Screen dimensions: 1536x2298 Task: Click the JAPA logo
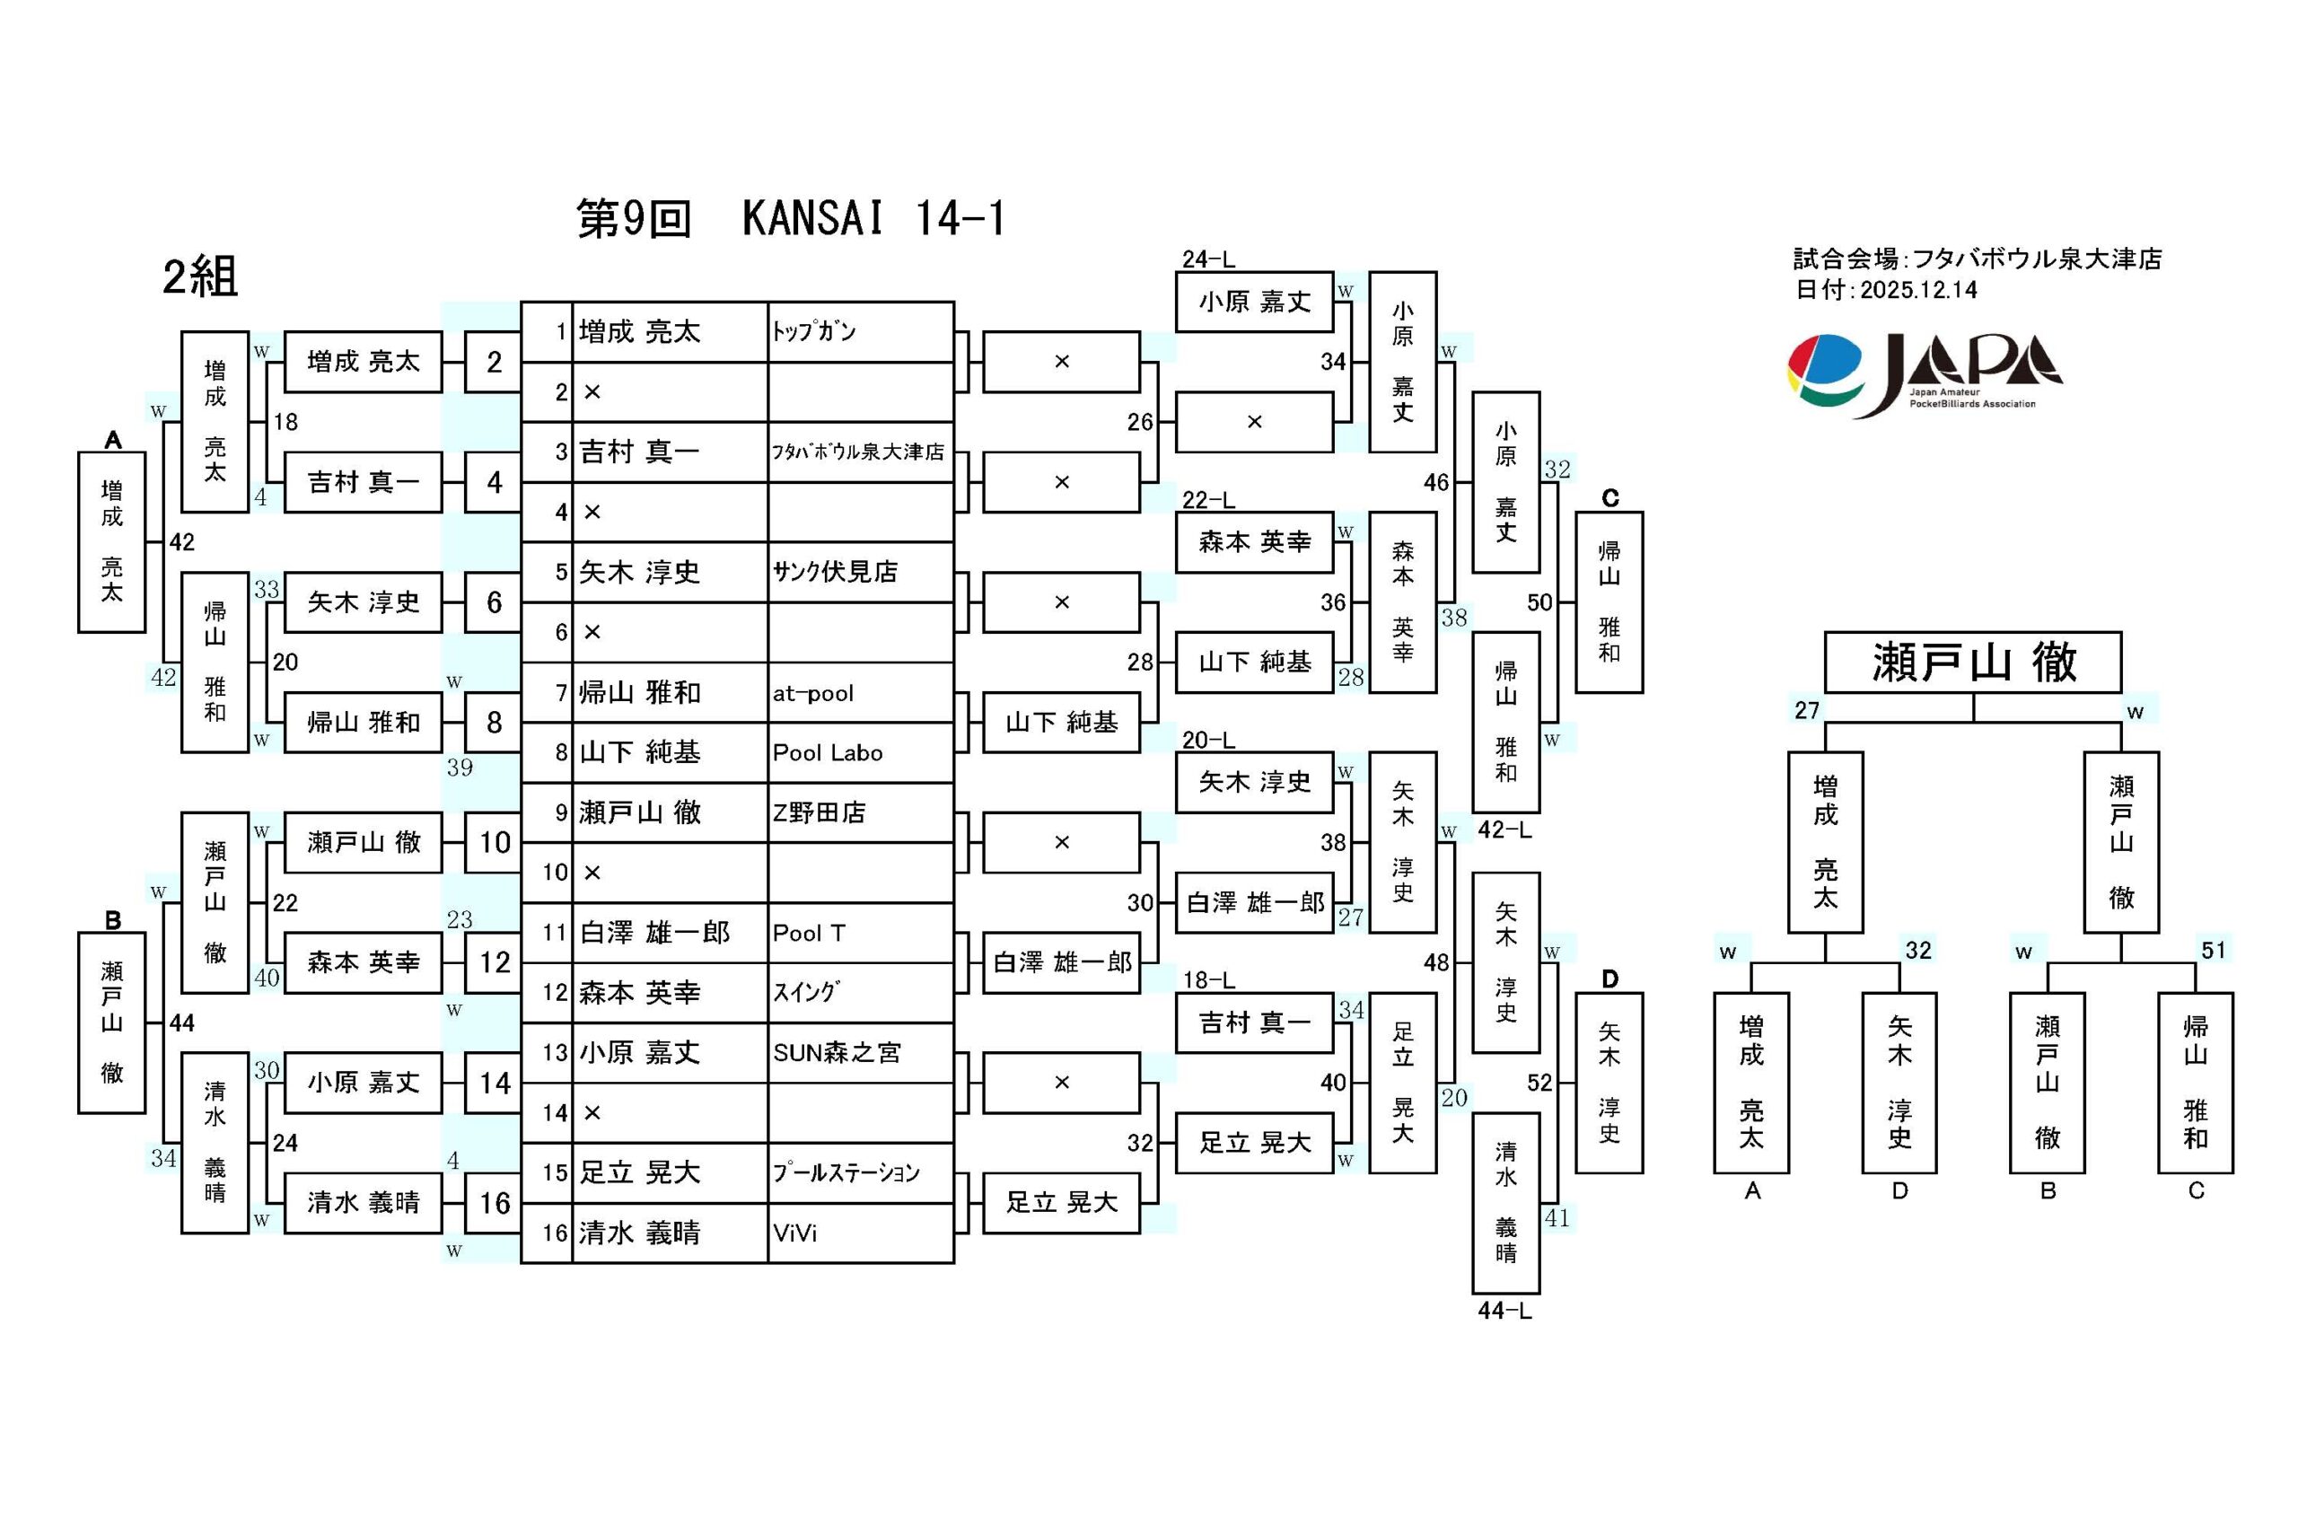(1924, 374)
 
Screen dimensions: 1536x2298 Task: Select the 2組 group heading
(200, 276)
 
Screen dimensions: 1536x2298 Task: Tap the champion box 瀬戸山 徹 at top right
(1972, 663)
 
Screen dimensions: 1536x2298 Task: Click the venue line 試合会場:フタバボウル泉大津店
(1977, 259)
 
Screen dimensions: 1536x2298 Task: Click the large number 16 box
(494, 1203)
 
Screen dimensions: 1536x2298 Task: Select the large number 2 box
(494, 363)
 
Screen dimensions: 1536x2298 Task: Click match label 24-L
(1207, 259)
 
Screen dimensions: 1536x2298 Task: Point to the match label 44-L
(1504, 1311)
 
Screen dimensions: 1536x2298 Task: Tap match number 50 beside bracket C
(1539, 602)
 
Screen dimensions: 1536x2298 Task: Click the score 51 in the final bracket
(2213, 950)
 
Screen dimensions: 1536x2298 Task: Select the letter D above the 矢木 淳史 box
(1609, 979)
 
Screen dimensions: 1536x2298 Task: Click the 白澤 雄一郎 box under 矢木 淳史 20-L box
(1255, 902)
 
